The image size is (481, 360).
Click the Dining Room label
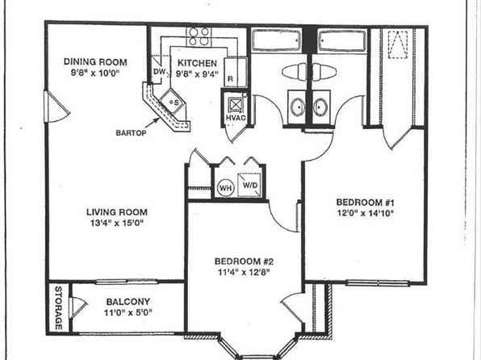(x=95, y=61)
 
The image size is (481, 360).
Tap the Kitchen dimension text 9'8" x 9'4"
(x=197, y=74)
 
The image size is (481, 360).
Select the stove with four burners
(x=199, y=37)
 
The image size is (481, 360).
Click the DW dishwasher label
(x=159, y=72)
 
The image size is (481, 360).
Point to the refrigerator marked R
(x=236, y=73)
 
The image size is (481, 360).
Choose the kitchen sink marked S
(x=172, y=102)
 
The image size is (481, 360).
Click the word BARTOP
(x=131, y=133)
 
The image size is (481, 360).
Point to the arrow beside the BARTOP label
(x=153, y=123)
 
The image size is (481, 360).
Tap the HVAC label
(x=236, y=118)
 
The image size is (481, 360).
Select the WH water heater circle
(x=226, y=187)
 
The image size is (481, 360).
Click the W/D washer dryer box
(x=249, y=185)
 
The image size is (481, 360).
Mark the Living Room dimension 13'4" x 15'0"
(x=117, y=223)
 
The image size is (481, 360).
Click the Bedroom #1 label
(x=365, y=203)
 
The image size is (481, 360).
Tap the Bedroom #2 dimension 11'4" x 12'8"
(x=244, y=272)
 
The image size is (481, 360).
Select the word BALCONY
(x=128, y=302)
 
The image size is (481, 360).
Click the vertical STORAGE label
(x=58, y=308)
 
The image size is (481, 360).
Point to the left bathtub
(x=277, y=40)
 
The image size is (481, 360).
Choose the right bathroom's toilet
(x=324, y=72)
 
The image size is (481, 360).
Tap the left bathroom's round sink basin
(x=297, y=107)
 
